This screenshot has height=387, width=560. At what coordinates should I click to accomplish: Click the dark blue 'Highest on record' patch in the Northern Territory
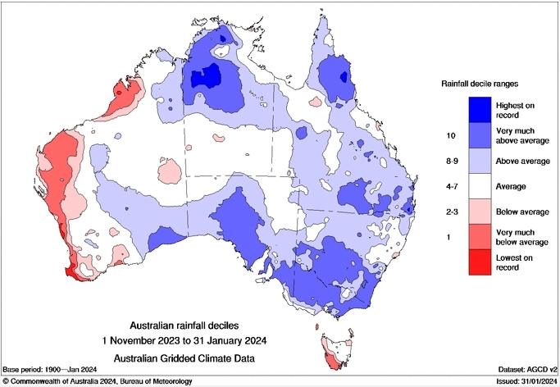[206, 78]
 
